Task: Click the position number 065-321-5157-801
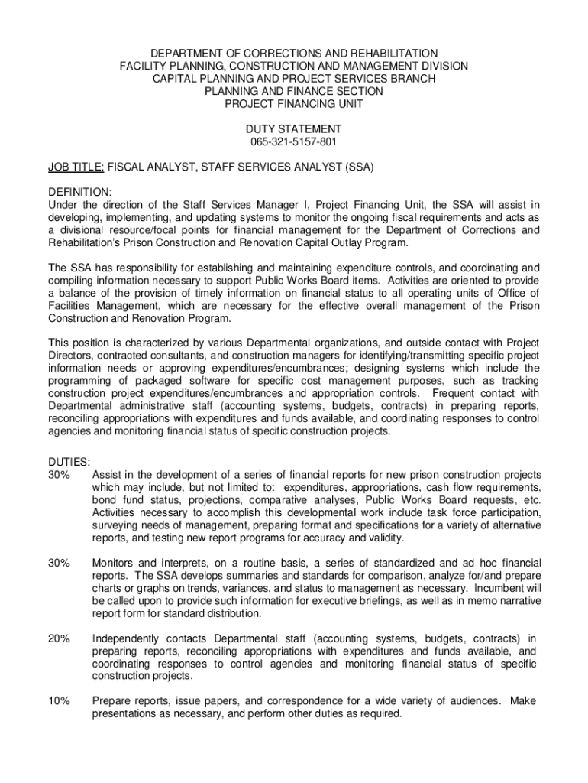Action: click(x=293, y=142)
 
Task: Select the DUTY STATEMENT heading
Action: click(x=293, y=129)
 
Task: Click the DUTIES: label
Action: click(x=69, y=462)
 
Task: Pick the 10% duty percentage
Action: click(x=60, y=700)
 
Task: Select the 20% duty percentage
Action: click(x=60, y=638)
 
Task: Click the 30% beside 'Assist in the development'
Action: click(x=60, y=475)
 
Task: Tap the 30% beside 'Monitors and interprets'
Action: click(x=60, y=564)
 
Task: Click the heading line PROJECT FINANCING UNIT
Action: click(x=293, y=104)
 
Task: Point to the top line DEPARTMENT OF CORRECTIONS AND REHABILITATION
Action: click(x=293, y=54)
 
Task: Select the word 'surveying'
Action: click(x=115, y=526)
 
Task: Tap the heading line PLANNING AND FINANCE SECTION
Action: click(x=293, y=91)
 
